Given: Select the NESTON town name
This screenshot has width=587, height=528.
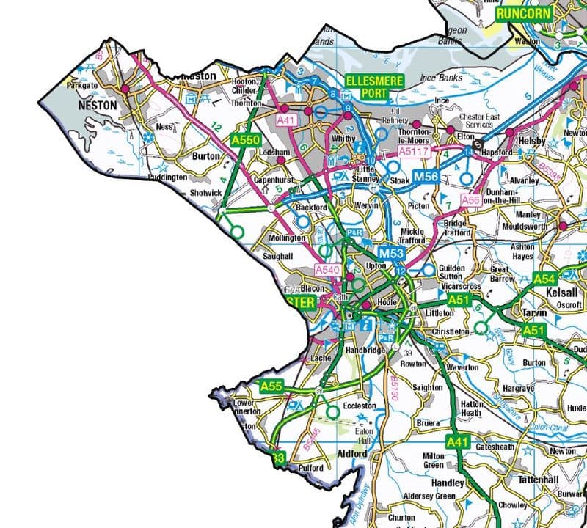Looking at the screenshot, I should [x=97, y=106].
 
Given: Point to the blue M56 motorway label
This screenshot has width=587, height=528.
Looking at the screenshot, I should [x=427, y=177].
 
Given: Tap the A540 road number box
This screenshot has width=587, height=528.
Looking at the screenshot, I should [x=328, y=270].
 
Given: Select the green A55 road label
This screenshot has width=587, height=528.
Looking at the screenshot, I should [x=271, y=385].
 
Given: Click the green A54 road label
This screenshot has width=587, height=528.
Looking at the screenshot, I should [x=544, y=279].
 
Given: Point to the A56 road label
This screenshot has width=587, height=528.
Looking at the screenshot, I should [x=470, y=199].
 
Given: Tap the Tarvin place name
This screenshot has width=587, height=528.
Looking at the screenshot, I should [x=535, y=313].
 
